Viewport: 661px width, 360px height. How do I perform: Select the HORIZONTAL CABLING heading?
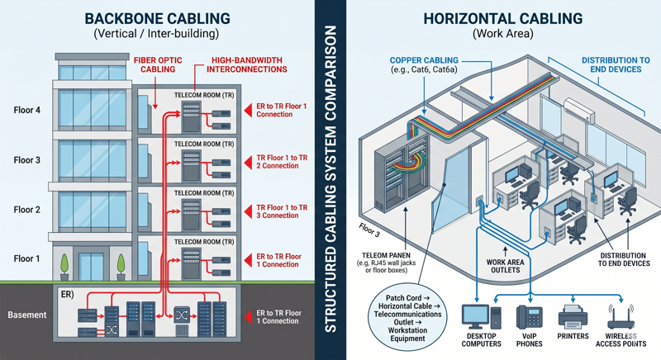[502, 18]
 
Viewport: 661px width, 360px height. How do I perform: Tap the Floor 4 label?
[26, 111]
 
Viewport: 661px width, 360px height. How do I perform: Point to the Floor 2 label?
[26, 210]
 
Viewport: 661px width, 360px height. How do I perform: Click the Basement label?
[26, 315]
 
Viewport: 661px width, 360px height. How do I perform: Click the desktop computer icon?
[478, 317]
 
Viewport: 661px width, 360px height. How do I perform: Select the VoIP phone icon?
[528, 317]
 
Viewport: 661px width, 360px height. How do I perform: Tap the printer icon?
[573, 317]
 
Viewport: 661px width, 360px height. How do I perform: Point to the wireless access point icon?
[620, 319]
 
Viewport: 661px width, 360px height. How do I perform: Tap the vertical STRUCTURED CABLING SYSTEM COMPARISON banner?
[330, 180]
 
